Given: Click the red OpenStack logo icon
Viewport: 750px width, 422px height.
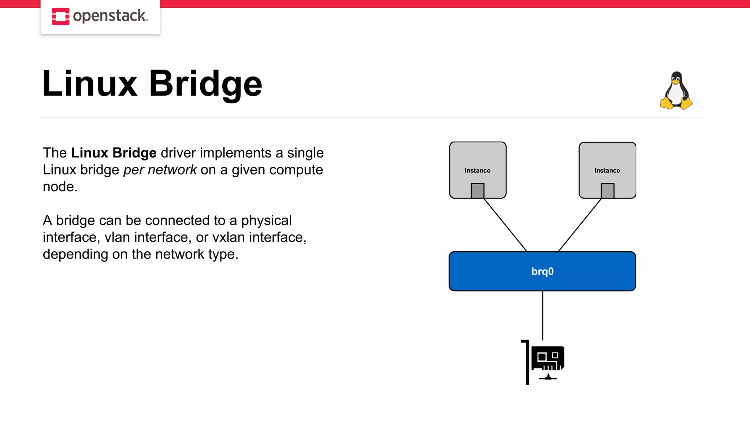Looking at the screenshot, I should (x=60, y=16).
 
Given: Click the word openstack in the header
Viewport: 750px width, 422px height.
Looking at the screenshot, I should (x=110, y=16).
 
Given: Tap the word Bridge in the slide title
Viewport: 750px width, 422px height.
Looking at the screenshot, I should (x=205, y=84).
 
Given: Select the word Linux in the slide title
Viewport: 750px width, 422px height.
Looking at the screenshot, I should (x=90, y=84).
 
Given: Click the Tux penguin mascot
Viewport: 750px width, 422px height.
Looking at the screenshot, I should (x=676, y=91).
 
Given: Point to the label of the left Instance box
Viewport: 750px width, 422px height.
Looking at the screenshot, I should (x=477, y=171).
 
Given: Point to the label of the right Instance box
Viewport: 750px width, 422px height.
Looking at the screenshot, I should (x=607, y=171).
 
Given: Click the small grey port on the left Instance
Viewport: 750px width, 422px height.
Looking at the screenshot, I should (x=477, y=190).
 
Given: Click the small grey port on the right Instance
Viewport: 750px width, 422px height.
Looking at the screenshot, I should (x=607, y=190).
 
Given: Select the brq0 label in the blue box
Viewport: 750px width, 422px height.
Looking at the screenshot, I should (x=542, y=271).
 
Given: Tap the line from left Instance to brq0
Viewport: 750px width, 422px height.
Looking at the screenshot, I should (x=505, y=225).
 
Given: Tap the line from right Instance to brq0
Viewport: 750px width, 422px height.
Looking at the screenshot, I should (x=580, y=225).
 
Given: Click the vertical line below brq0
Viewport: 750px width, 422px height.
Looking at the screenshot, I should (x=542, y=315).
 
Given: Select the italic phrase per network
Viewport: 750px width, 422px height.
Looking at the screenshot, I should (x=160, y=170).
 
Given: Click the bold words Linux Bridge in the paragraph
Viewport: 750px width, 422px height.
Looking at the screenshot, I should (x=114, y=153).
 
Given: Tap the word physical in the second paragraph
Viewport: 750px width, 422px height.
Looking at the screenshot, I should (x=266, y=221).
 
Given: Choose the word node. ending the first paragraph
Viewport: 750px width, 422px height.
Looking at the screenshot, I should (x=60, y=187).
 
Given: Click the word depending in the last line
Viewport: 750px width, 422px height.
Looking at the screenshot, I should (x=75, y=254).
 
